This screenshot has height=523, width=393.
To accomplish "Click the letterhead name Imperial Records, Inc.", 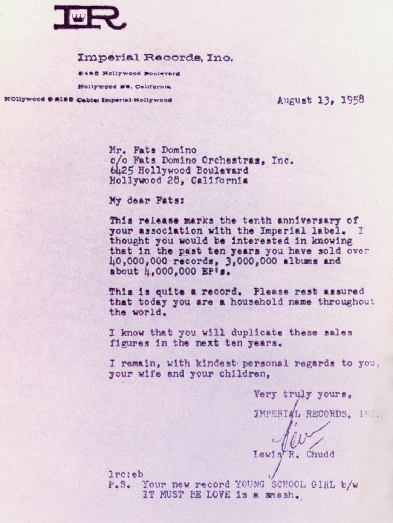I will [155, 58].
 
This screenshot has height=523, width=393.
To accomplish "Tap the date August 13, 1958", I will [320, 100].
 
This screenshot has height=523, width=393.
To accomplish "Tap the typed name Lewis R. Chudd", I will [294, 455].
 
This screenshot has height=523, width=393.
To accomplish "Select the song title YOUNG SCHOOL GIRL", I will [285, 485].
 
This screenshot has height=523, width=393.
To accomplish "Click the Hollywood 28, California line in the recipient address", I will [179, 181].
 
